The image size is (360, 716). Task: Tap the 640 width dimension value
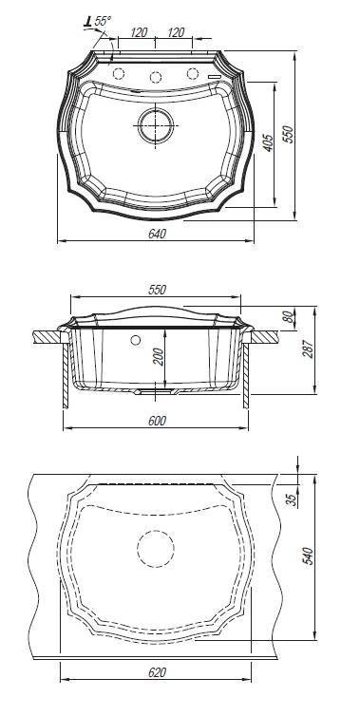157,234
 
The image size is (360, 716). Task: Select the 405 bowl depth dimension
268,143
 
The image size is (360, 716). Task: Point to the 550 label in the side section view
157,290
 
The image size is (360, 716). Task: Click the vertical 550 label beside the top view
289,134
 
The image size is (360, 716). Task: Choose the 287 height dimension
309,349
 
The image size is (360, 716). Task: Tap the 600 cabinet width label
157,421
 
